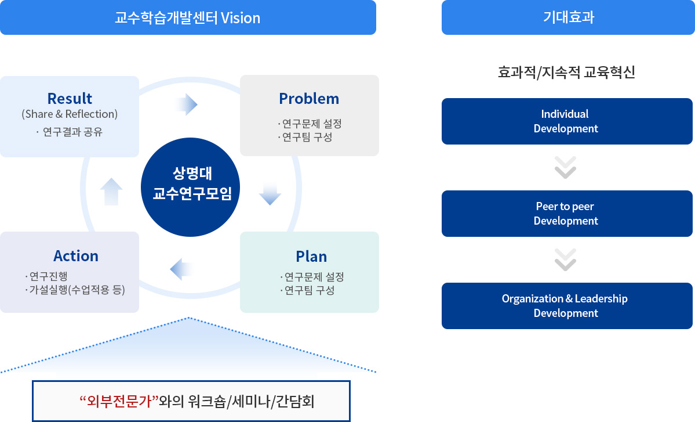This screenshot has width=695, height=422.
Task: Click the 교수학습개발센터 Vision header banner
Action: tap(188, 17)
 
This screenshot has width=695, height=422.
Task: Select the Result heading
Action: tap(70, 98)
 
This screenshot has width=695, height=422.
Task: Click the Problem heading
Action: tap(309, 98)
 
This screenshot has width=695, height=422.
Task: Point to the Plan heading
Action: tap(311, 256)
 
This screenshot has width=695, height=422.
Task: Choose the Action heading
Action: tap(76, 255)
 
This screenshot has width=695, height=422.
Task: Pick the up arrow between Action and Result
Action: tap(111, 191)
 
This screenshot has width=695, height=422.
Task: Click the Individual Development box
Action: tap(567, 121)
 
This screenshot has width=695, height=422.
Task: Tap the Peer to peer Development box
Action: tap(567, 214)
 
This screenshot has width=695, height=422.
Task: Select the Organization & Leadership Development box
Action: tap(567, 306)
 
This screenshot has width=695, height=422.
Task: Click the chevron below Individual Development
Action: tap(565, 167)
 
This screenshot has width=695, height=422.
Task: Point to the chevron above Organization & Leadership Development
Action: tap(565, 259)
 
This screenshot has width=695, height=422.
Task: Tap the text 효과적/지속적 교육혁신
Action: tap(566, 73)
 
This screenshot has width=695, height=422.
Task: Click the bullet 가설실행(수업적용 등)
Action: tap(77, 289)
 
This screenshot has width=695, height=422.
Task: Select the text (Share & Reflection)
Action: tap(70, 114)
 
